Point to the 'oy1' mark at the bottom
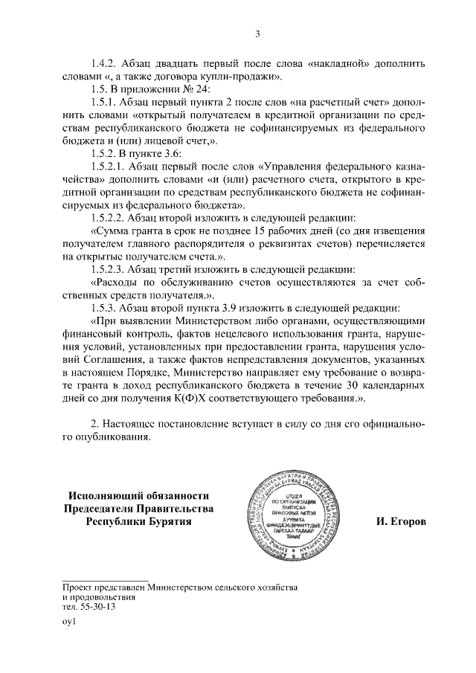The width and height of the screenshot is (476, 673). [x=68, y=622]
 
